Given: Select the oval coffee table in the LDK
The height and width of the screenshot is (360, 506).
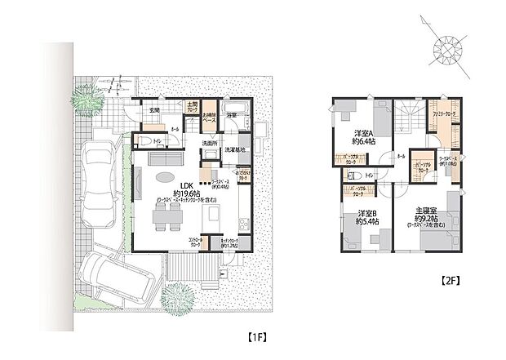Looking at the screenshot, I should point(163,177).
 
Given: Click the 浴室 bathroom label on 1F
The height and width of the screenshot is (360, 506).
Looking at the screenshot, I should point(231,116).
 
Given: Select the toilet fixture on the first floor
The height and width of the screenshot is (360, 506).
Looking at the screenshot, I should point(147,140).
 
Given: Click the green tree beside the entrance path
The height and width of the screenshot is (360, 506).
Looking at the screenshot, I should point(86,100).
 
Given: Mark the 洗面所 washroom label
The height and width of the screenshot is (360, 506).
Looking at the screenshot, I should point(210,144).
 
